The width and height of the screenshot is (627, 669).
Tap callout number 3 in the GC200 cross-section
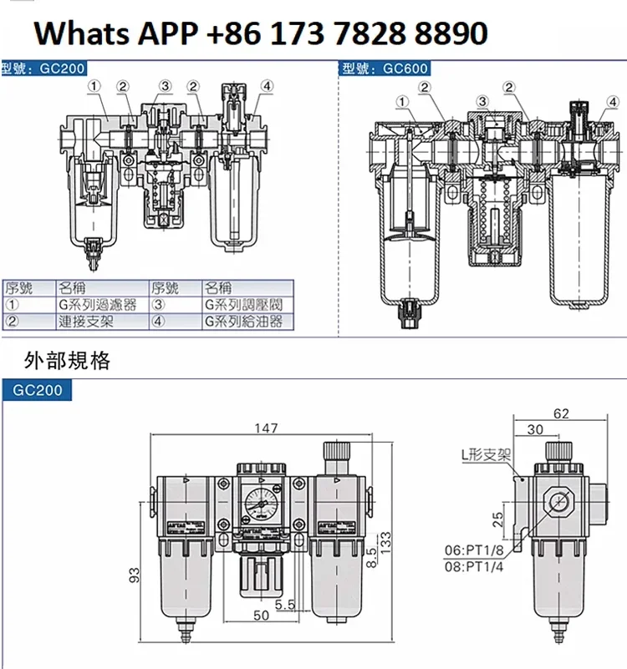click(165, 86)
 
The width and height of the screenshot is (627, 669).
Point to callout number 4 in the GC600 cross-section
click(613, 102)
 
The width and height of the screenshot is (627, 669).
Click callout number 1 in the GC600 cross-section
click(402, 102)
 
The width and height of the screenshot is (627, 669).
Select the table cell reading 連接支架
click(86, 321)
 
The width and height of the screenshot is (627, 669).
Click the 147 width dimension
click(265, 428)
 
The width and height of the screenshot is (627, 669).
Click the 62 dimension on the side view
click(561, 413)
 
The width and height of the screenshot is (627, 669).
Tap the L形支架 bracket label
click(488, 456)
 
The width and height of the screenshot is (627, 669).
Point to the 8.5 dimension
click(370, 555)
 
